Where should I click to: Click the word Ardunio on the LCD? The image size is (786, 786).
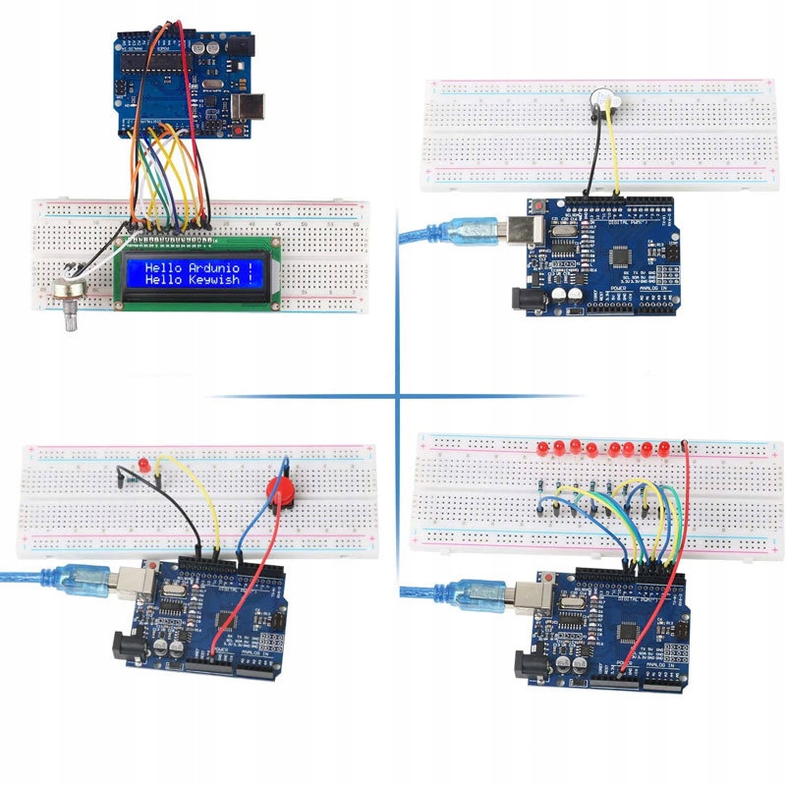(213, 267)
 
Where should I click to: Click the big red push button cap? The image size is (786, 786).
(282, 490)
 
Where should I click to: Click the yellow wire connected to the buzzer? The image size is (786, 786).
(614, 147)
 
